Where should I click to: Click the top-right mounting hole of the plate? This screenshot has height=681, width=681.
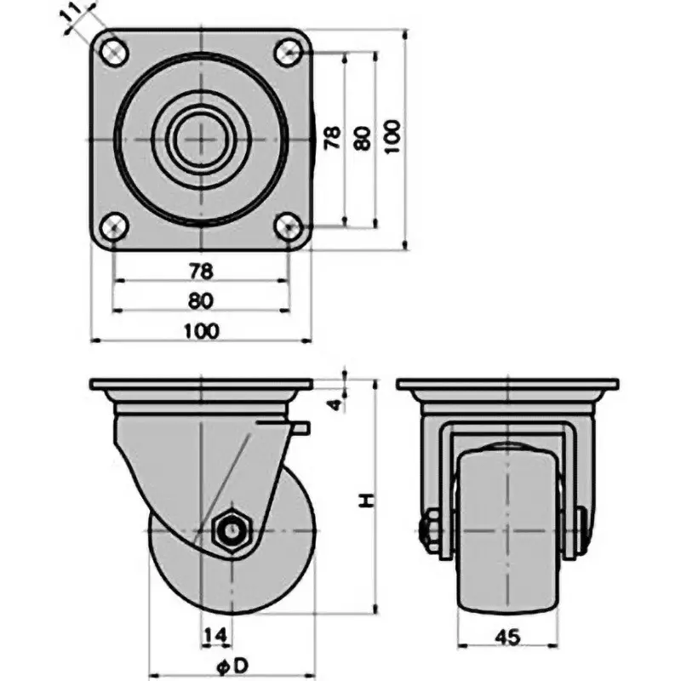pyautogui.click(x=287, y=52)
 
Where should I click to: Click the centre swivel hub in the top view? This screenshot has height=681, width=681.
pyautogui.click(x=200, y=139)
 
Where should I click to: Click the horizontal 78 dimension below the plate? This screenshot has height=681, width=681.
pyautogui.click(x=200, y=271)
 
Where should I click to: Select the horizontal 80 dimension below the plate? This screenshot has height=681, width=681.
pyautogui.click(x=200, y=300)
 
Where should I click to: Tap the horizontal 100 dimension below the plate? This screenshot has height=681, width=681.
pyautogui.click(x=200, y=331)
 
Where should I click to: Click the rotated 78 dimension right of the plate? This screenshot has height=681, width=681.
pyautogui.click(x=333, y=139)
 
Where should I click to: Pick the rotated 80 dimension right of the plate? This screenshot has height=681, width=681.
pyautogui.click(x=363, y=139)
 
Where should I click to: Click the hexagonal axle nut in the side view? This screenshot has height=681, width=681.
pyautogui.click(x=230, y=532)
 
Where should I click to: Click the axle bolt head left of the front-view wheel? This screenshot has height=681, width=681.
pyautogui.click(x=427, y=529)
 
